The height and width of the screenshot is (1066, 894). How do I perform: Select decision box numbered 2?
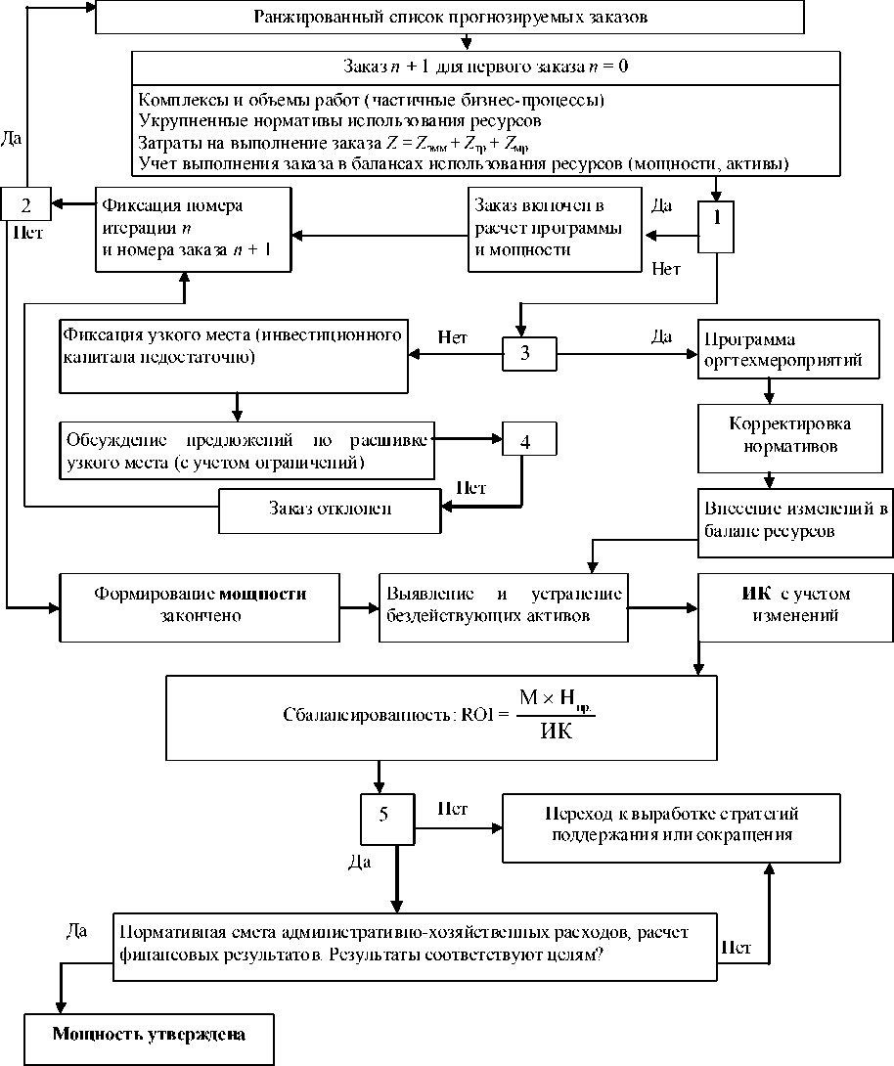click(26, 204)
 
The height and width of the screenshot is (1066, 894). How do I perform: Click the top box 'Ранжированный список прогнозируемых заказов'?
click(450, 18)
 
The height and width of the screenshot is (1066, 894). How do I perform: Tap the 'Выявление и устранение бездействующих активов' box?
click(503, 604)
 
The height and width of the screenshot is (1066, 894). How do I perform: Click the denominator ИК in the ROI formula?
click(556, 731)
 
